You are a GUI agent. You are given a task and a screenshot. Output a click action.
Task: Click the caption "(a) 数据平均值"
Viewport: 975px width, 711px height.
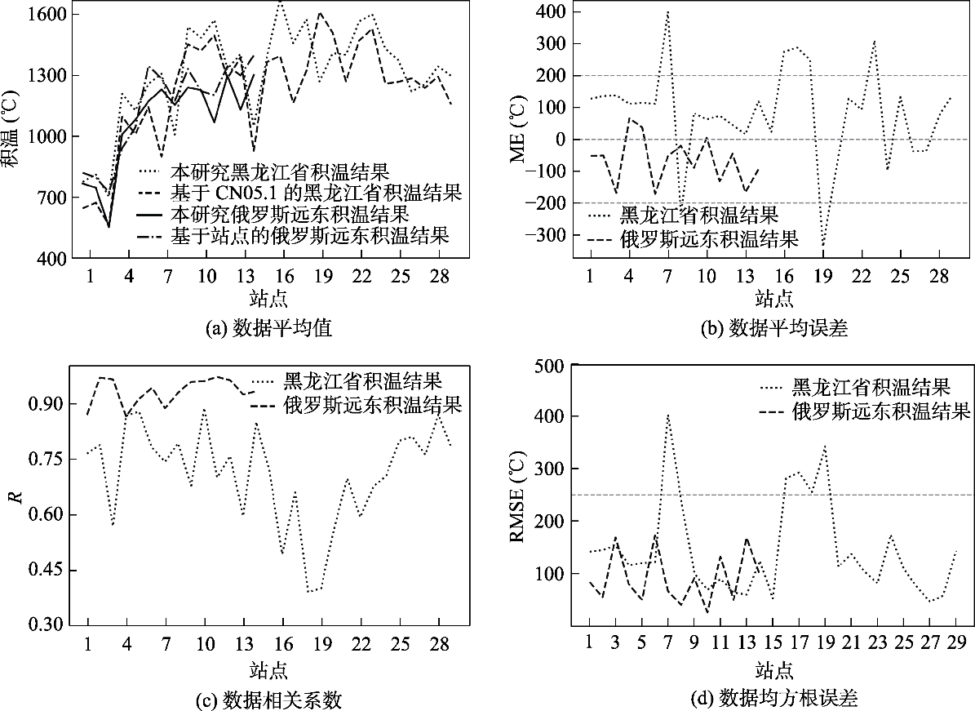click(268, 328)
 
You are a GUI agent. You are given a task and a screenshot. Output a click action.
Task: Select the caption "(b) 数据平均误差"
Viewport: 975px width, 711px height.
click(774, 328)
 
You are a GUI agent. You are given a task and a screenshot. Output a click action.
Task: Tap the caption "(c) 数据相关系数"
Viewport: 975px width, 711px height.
click(268, 700)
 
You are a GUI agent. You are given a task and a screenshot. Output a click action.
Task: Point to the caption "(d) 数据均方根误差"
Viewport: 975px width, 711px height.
click(774, 700)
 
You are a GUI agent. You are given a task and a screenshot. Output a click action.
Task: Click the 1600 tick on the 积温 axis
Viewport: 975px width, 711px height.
click(47, 14)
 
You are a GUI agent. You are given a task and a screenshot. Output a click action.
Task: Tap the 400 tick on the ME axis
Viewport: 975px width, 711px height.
click(552, 11)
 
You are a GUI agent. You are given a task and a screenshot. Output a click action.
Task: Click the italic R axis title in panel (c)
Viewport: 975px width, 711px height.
click(14, 497)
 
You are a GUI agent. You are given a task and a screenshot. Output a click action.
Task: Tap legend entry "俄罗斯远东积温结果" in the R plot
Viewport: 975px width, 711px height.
click(357, 405)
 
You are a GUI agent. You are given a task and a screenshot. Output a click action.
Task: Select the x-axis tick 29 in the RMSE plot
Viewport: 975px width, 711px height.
click(956, 642)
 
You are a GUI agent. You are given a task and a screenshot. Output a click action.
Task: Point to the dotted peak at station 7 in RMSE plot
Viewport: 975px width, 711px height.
click(668, 415)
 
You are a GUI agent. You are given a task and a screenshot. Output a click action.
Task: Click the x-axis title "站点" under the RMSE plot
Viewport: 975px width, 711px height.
click(774, 670)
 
